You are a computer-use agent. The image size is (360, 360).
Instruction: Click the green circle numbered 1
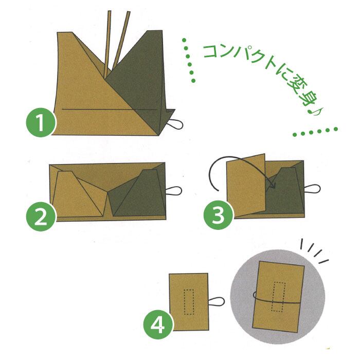pyautogui.click(x=41, y=122)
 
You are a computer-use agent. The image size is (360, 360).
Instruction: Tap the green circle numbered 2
pyautogui.click(x=41, y=217)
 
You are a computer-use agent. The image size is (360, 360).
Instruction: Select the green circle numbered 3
pyautogui.click(x=219, y=214)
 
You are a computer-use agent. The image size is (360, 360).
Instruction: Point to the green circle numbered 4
pyautogui.click(x=158, y=325)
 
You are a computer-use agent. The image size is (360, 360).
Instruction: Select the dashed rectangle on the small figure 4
pyautogui.click(x=189, y=302)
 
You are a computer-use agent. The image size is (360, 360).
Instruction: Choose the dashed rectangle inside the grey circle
pyautogui.click(x=278, y=297)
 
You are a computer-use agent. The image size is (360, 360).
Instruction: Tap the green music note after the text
pyautogui.click(x=315, y=112)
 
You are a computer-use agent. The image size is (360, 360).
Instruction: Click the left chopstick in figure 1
pyautogui.click(x=107, y=44)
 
